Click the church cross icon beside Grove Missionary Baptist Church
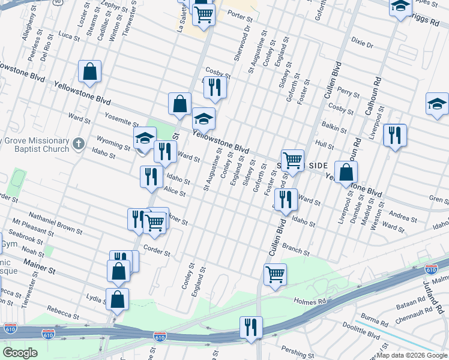[x=79, y=144]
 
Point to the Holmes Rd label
[x=309, y=301]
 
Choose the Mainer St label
[x=39, y=266]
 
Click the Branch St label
[x=295, y=250]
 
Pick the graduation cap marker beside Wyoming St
[x=145, y=139]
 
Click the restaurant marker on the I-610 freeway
[x=250, y=327]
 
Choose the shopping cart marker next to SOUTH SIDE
[x=292, y=160]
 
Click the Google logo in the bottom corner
[x=20, y=352]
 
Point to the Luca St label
[x=68, y=37]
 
